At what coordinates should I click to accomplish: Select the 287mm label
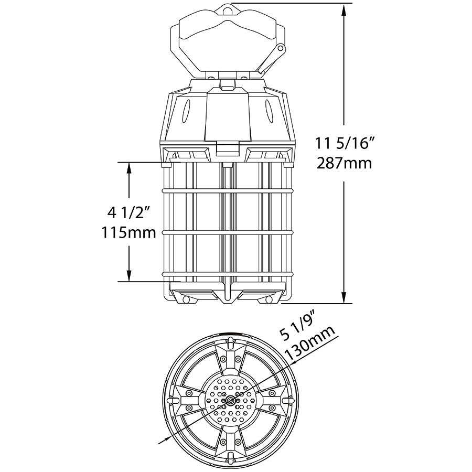(344, 163)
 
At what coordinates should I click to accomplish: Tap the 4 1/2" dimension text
(129, 212)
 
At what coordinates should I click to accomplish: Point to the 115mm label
(129, 232)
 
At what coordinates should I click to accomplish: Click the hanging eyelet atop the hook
(226, 9)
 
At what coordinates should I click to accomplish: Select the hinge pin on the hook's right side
(281, 49)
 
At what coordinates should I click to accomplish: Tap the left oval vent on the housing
(186, 112)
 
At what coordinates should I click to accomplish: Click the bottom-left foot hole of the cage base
(185, 299)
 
